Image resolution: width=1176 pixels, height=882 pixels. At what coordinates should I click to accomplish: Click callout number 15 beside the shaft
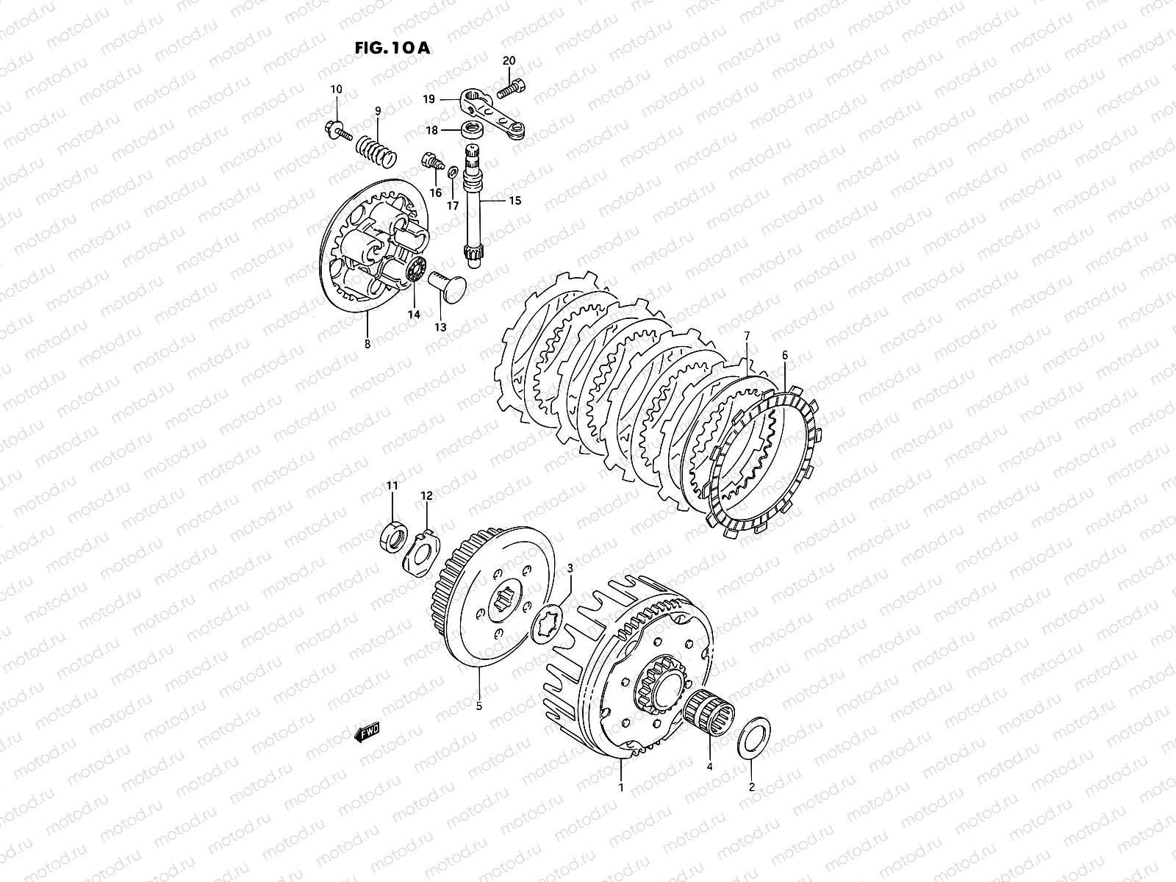pyautogui.click(x=514, y=200)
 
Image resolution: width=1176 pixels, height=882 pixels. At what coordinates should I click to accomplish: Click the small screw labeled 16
pyautogui.click(x=431, y=163)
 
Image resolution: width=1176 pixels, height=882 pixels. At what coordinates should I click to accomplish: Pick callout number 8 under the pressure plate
pyautogui.click(x=367, y=343)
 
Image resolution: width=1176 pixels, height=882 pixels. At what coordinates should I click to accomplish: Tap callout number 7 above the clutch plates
pyautogui.click(x=746, y=337)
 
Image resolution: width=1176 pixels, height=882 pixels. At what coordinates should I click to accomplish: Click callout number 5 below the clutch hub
pyautogui.click(x=479, y=707)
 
